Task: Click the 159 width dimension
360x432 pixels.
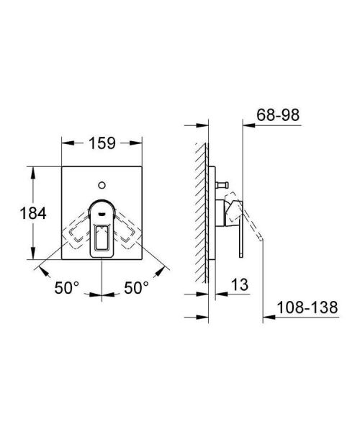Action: point(102,143)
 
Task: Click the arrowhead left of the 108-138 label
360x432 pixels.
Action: point(264,315)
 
